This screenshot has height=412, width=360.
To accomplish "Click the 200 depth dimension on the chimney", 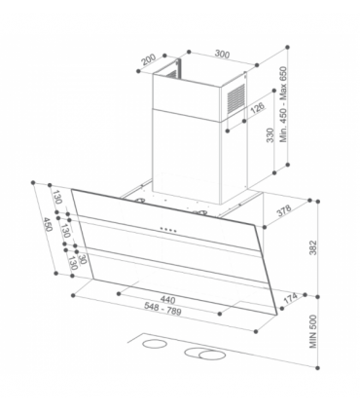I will coord(147,59).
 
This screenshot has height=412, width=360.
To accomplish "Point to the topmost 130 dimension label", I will coord(58,199).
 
